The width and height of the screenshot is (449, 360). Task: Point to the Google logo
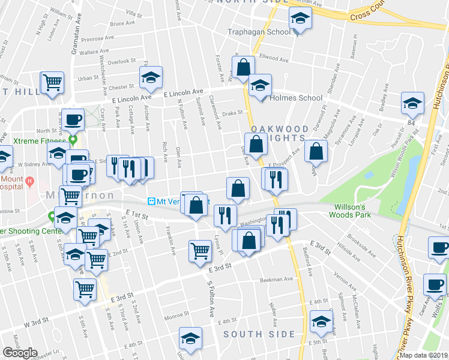pyautogui.click(x=20, y=353)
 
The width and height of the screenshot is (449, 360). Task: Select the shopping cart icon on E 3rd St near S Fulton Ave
pyautogui.click(x=200, y=251)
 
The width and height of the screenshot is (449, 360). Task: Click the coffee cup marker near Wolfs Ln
pyautogui.click(x=434, y=285)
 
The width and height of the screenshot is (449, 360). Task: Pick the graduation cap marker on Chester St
pyautogui.click(x=151, y=77)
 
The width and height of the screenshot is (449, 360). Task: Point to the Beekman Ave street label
pyautogui.click(x=276, y=279)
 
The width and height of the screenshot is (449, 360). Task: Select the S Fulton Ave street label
pyautogui.click(x=211, y=300)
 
